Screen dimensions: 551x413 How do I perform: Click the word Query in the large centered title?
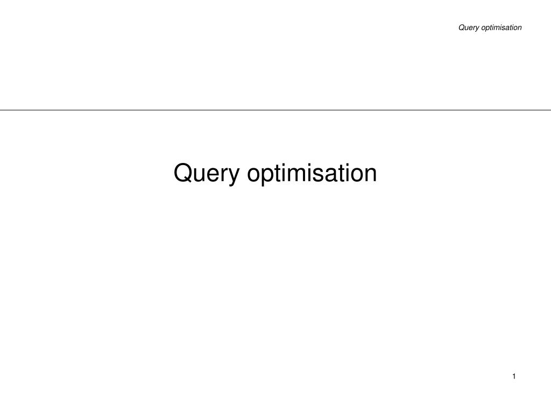tap(207, 174)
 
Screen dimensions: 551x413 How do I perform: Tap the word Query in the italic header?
tap(469, 28)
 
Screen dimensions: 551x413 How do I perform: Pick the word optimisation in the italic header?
tap(501, 28)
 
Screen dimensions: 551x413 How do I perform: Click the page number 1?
tap(514, 376)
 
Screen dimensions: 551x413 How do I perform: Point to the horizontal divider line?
tap(275, 110)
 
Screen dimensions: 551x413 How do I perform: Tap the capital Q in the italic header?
tap(461, 27)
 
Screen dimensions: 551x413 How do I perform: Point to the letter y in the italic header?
tap(477, 29)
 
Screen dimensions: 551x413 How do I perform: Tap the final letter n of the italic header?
tap(520, 29)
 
